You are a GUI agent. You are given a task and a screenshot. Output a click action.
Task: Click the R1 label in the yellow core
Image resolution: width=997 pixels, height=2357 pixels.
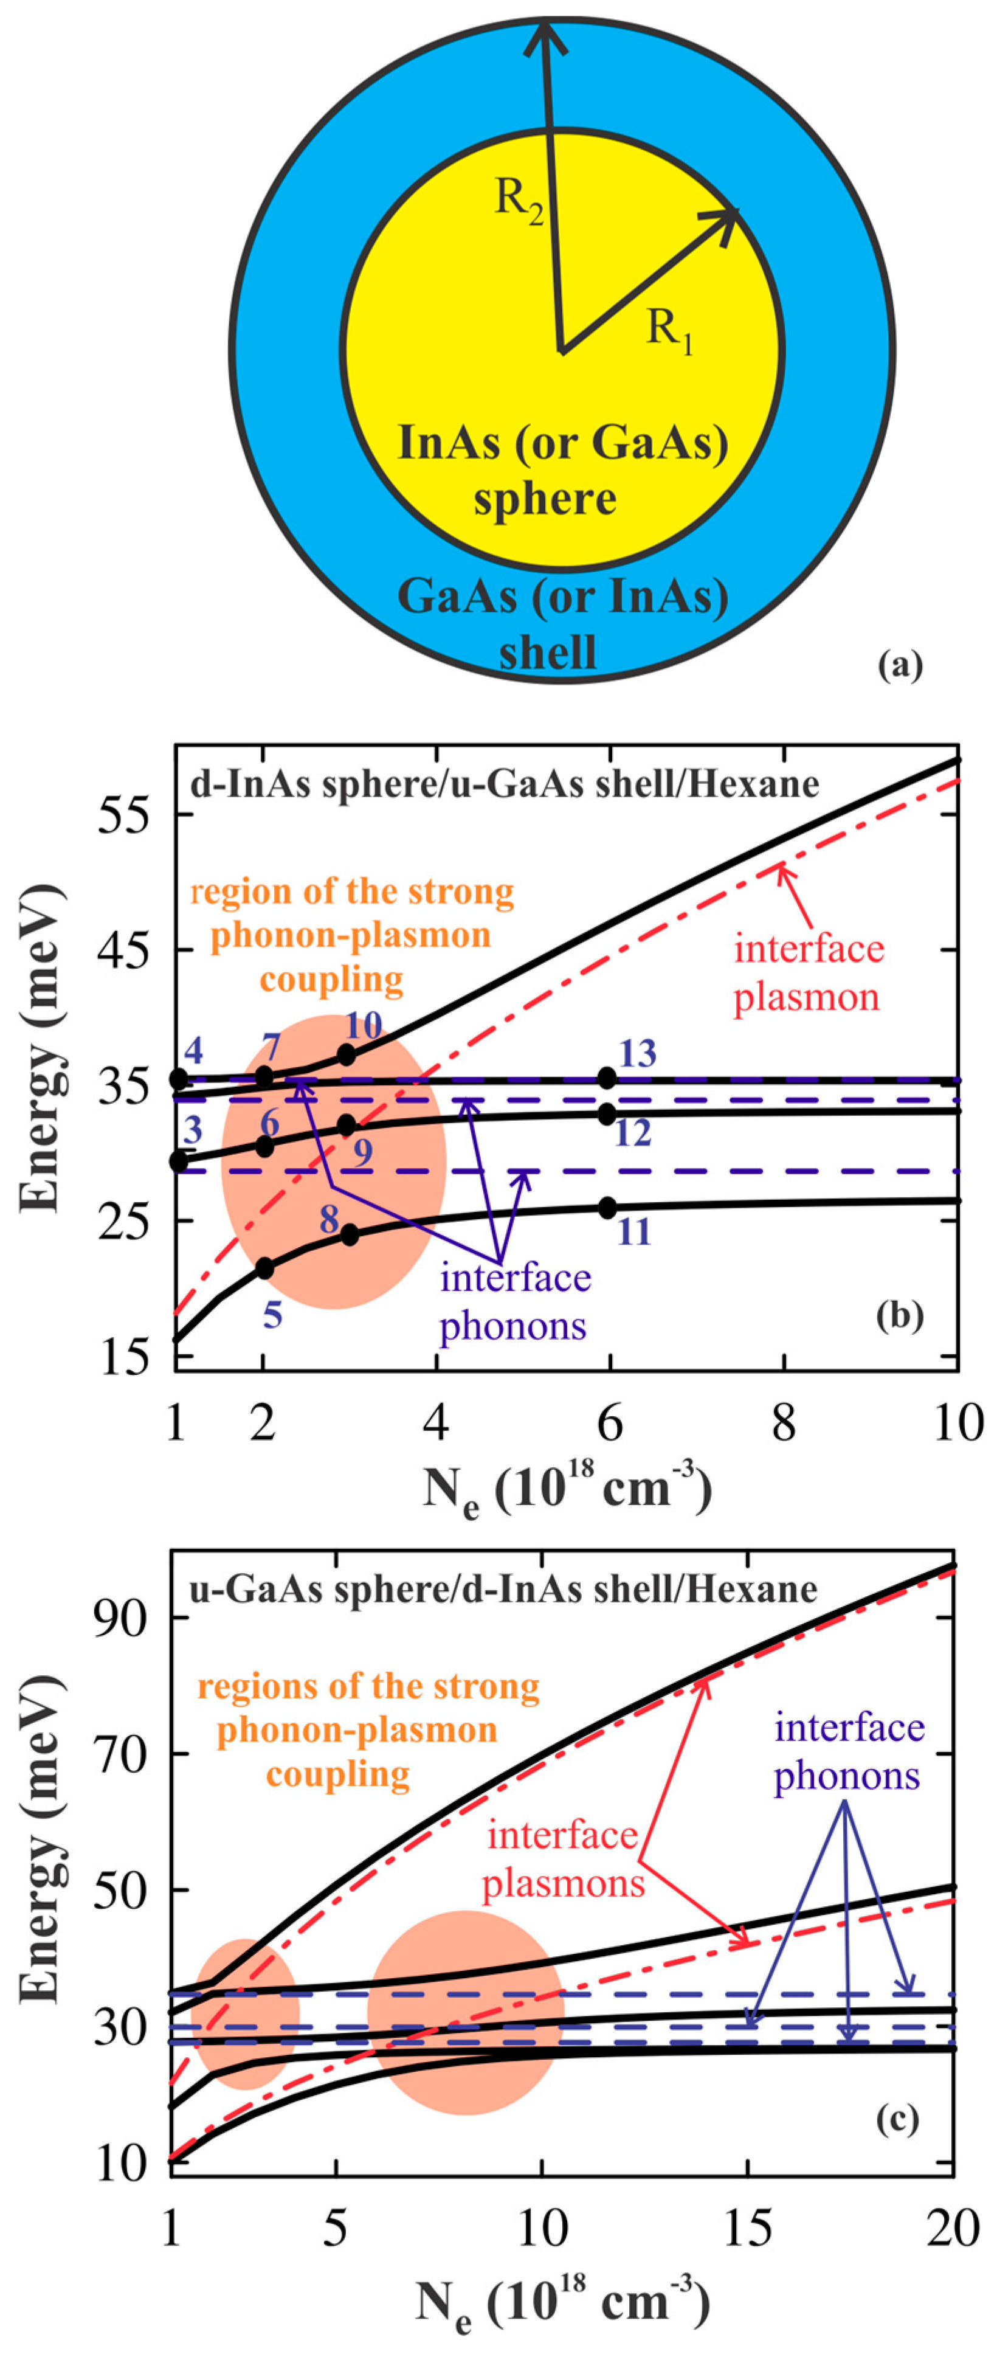[669, 330]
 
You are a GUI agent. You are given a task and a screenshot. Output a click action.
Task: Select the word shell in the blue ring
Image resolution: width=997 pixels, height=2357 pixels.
[547, 652]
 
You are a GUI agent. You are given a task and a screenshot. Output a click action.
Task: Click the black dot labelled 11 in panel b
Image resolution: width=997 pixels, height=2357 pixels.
[607, 1208]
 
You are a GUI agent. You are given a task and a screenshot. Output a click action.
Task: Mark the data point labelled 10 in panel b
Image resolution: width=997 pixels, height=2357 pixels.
[347, 1054]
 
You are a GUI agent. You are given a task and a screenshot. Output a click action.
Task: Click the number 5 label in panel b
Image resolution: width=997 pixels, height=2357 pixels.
[272, 1316]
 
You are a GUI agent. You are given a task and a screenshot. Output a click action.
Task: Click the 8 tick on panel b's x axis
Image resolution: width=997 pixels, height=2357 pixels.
[783, 1424]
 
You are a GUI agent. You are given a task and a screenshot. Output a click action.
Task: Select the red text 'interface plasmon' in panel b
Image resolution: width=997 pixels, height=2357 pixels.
[808, 972]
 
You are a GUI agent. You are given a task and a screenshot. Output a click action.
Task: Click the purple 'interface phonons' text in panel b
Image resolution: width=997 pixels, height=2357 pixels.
[515, 1301]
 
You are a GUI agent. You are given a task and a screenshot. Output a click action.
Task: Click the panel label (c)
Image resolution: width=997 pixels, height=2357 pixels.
[896, 2119]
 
